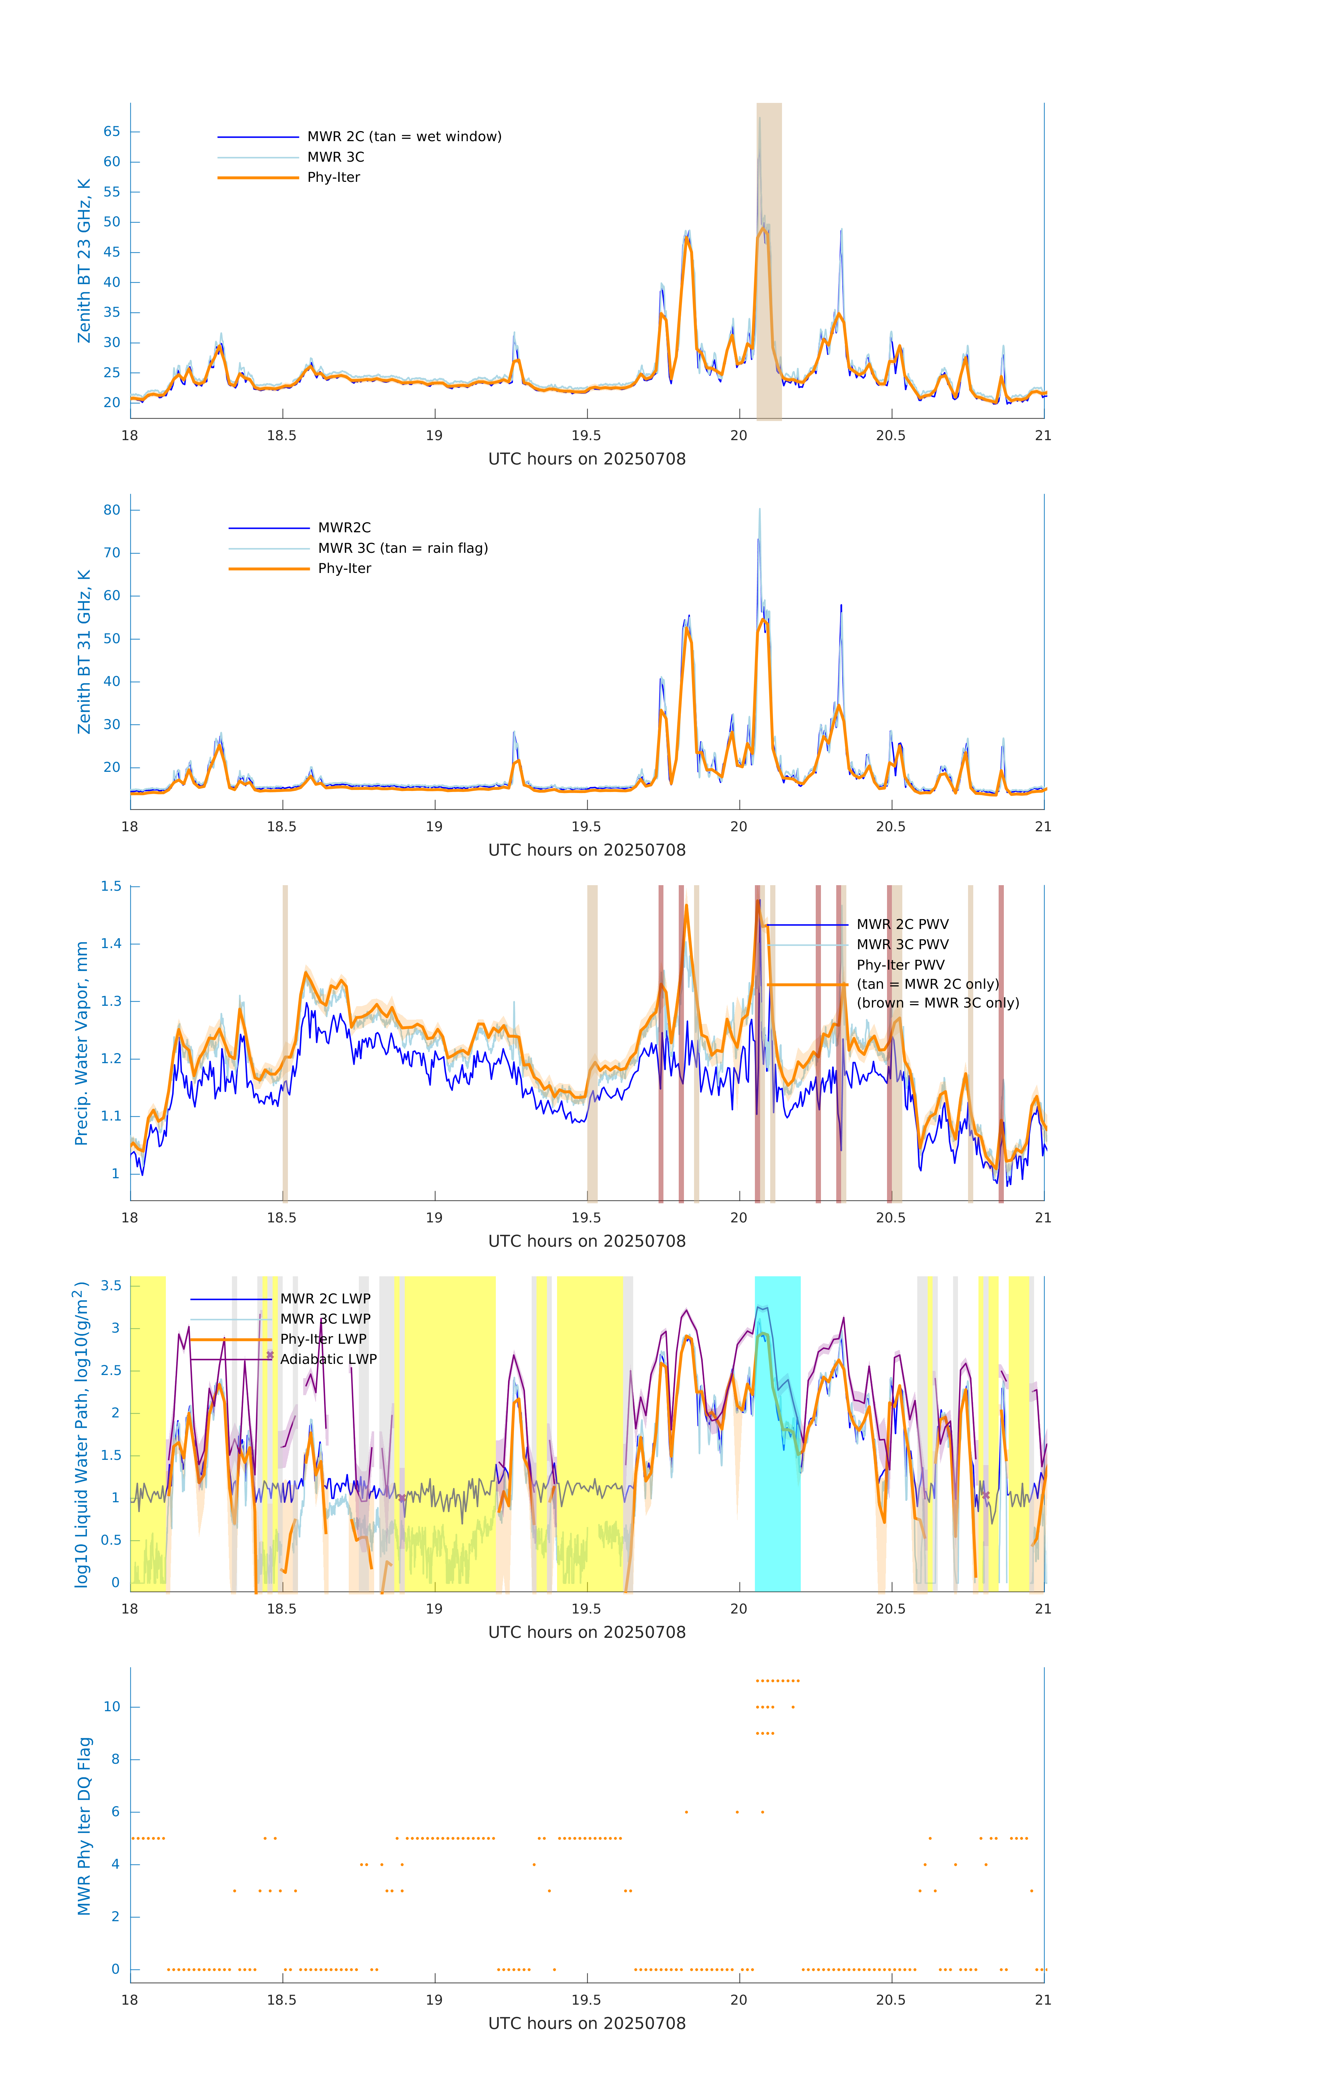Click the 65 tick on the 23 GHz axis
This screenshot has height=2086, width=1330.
(x=112, y=132)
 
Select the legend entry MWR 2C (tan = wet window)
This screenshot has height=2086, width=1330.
(x=404, y=137)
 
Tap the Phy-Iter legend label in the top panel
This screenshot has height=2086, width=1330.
(x=333, y=178)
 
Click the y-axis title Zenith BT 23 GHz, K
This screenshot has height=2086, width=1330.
(x=84, y=261)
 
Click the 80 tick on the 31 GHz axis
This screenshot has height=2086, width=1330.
(x=112, y=510)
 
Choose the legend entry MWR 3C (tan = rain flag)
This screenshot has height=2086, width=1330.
(x=403, y=548)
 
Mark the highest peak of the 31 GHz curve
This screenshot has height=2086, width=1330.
(x=760, y=510)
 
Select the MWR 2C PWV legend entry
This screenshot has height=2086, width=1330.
(x=902, y=924)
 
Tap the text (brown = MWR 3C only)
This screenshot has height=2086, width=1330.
(x=937, y=1003)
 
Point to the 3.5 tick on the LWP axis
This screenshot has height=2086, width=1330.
(x=111, y=1286)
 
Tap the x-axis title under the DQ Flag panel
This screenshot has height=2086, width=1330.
(x=587, y=2024)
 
